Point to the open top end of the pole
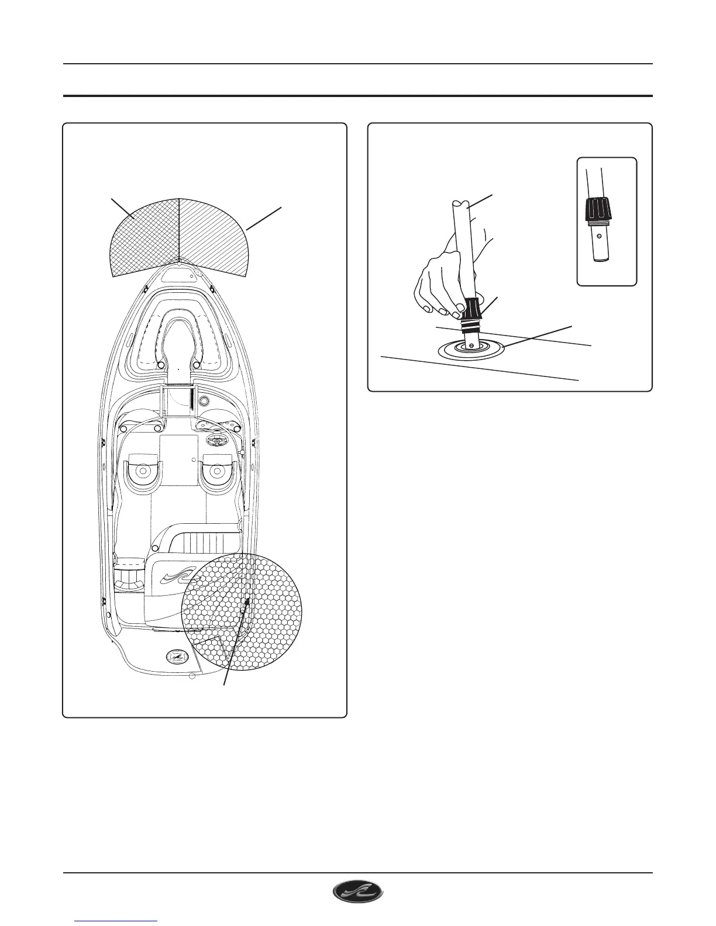pyautogui.click(x=460, y=205)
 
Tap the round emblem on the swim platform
pyautogui.click(x=174, y=657)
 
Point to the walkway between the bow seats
pyautogui.click(x=178, y=351)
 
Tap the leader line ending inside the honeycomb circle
pyautogui.click(x=234, y=643)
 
